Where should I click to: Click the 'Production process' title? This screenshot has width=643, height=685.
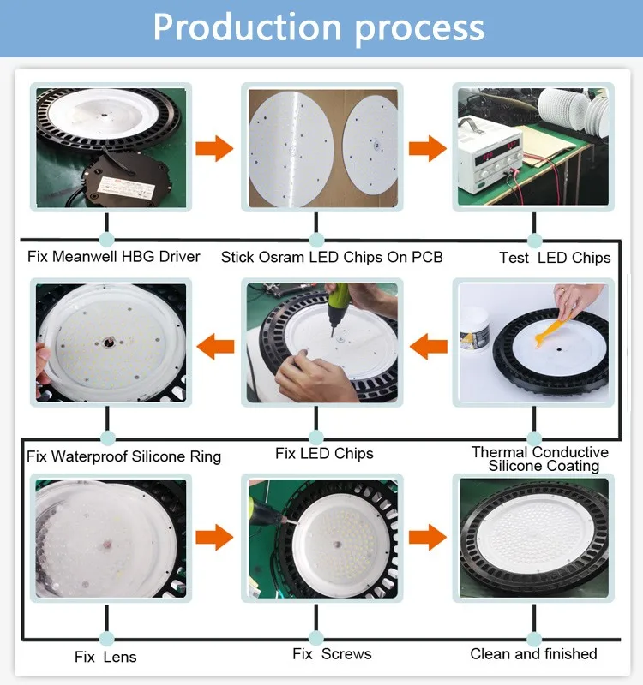(318, 28)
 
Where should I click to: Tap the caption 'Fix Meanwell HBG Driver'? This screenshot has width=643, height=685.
(114, 257)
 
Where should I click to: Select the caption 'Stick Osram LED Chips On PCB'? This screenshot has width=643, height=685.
(331, 257)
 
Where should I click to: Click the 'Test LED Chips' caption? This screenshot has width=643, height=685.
(555, 258)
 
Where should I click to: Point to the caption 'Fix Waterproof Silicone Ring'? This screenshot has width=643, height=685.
(123, 456)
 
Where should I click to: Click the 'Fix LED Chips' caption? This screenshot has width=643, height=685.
(324, 453)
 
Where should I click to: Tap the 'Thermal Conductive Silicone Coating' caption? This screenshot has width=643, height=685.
(540, 459)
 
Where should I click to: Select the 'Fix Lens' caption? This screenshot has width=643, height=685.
(105, 657)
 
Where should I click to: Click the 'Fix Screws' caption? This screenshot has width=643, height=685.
(332, 654)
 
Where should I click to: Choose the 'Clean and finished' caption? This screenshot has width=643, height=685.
(533, 654)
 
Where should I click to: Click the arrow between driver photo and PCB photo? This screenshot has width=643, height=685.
(214, 148)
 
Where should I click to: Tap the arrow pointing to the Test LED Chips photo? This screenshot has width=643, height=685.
(427, 148)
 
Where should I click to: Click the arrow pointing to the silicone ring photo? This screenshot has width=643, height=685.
(216, 347)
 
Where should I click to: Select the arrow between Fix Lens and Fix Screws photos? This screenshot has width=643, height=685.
(214, 538)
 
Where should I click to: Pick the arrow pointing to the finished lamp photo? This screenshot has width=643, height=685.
(427, 538)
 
